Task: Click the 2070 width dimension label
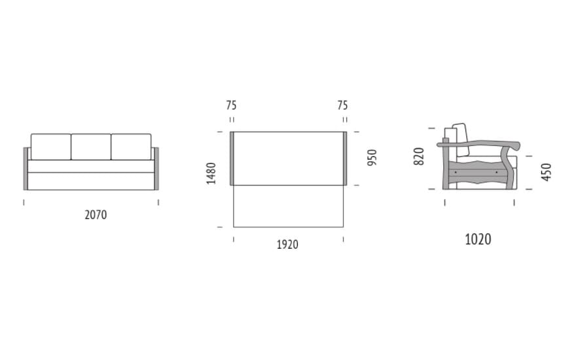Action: [x=96, y=215]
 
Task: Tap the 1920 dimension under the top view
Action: [x=287, y=244]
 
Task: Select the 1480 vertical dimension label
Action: [x=211, y=173]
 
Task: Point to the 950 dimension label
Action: [x=372, y=158]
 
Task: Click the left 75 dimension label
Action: [x=231, y=105]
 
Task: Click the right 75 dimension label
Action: [x=342, y=105]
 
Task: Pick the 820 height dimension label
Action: [x=419, y=156]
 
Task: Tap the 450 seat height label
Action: [x=547, y=172]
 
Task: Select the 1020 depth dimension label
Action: [x=478, y=239]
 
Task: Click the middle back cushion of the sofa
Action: [x=91, y=147]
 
